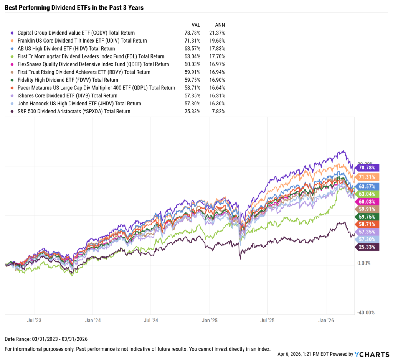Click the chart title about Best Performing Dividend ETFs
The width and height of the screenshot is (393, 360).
coord(74,7)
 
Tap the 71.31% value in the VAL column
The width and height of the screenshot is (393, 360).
coord(192,41)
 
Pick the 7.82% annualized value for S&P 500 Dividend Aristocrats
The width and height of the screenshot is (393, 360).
coord(218,111)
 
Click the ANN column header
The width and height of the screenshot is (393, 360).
coord(219,25)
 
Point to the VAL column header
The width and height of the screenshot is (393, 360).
coord(195,25)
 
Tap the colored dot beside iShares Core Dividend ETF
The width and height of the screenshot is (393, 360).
coord(13,95)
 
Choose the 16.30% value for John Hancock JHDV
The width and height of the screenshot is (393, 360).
coord(218,104)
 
